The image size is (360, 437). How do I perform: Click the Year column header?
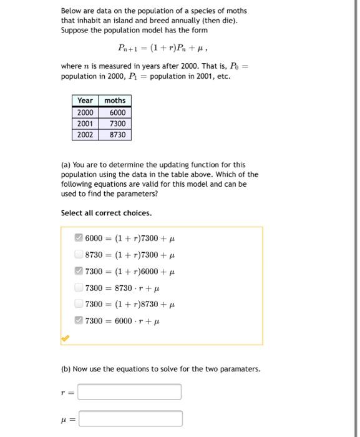(x=85, y=101)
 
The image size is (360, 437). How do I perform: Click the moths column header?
(x=115, y=101)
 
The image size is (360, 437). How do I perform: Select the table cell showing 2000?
(x=85, y=112)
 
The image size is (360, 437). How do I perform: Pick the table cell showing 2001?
(x=85, y=124)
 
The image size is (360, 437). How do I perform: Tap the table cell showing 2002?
(x=85, y=135)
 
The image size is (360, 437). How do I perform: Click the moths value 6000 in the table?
(x=117, y=112)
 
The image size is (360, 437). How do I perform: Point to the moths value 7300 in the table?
(x=117, y=124)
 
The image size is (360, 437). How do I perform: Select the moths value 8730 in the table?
(x=117, y=135)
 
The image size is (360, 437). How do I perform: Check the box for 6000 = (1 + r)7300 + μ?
(x=78, y=238)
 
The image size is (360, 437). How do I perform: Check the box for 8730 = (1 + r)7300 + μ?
(x=78, y=255)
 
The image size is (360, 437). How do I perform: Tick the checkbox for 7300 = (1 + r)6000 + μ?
(x=78, y=271)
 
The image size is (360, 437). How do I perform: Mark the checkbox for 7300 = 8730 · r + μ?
(x=78, y=288)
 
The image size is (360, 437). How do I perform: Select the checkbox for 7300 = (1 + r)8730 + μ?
(x=78, y=304)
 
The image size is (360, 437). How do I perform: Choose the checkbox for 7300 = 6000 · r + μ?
(x=78, y=321)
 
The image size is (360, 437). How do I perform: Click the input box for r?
(x=130, y=392)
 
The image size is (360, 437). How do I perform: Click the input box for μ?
(x=130, y=418)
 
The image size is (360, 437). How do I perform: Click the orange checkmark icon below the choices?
(x=64, y=338)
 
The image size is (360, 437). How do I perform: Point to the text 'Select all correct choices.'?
(x=106, y=213)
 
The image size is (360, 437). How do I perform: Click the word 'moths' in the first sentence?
(x=236, y=11)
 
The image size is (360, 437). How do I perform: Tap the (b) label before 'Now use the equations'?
(x=66, y=369)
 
